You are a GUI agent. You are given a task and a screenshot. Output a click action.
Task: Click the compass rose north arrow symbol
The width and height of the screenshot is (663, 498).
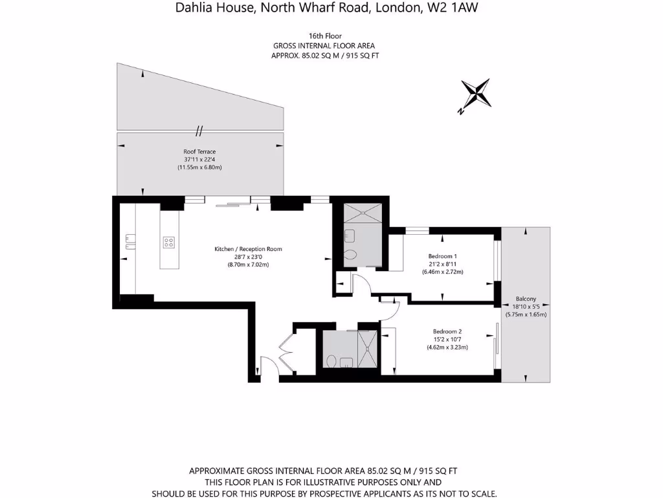(x=476, y=94)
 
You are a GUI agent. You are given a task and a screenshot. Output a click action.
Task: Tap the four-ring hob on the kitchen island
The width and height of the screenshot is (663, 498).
(x=169, y=243)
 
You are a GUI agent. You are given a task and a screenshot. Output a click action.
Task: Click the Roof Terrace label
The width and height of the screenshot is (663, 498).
(x=199, y=152)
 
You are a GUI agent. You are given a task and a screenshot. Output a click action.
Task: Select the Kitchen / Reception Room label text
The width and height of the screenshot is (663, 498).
(x=248, y=249)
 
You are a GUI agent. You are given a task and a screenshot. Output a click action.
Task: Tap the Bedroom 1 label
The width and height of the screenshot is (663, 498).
(x=443, y=256)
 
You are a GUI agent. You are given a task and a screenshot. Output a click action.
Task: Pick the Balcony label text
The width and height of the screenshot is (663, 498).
(x=525, y=300)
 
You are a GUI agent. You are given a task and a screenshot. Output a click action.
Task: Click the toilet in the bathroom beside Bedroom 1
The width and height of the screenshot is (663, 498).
(x=350, y=255)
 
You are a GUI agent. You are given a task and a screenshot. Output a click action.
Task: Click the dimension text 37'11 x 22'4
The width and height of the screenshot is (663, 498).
(x=199, y=160)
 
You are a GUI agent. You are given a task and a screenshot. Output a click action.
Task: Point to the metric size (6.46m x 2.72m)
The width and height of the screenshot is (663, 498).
(x=443, y=272)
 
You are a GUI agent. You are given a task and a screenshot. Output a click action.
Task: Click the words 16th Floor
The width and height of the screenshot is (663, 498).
(x=324, y=36)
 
